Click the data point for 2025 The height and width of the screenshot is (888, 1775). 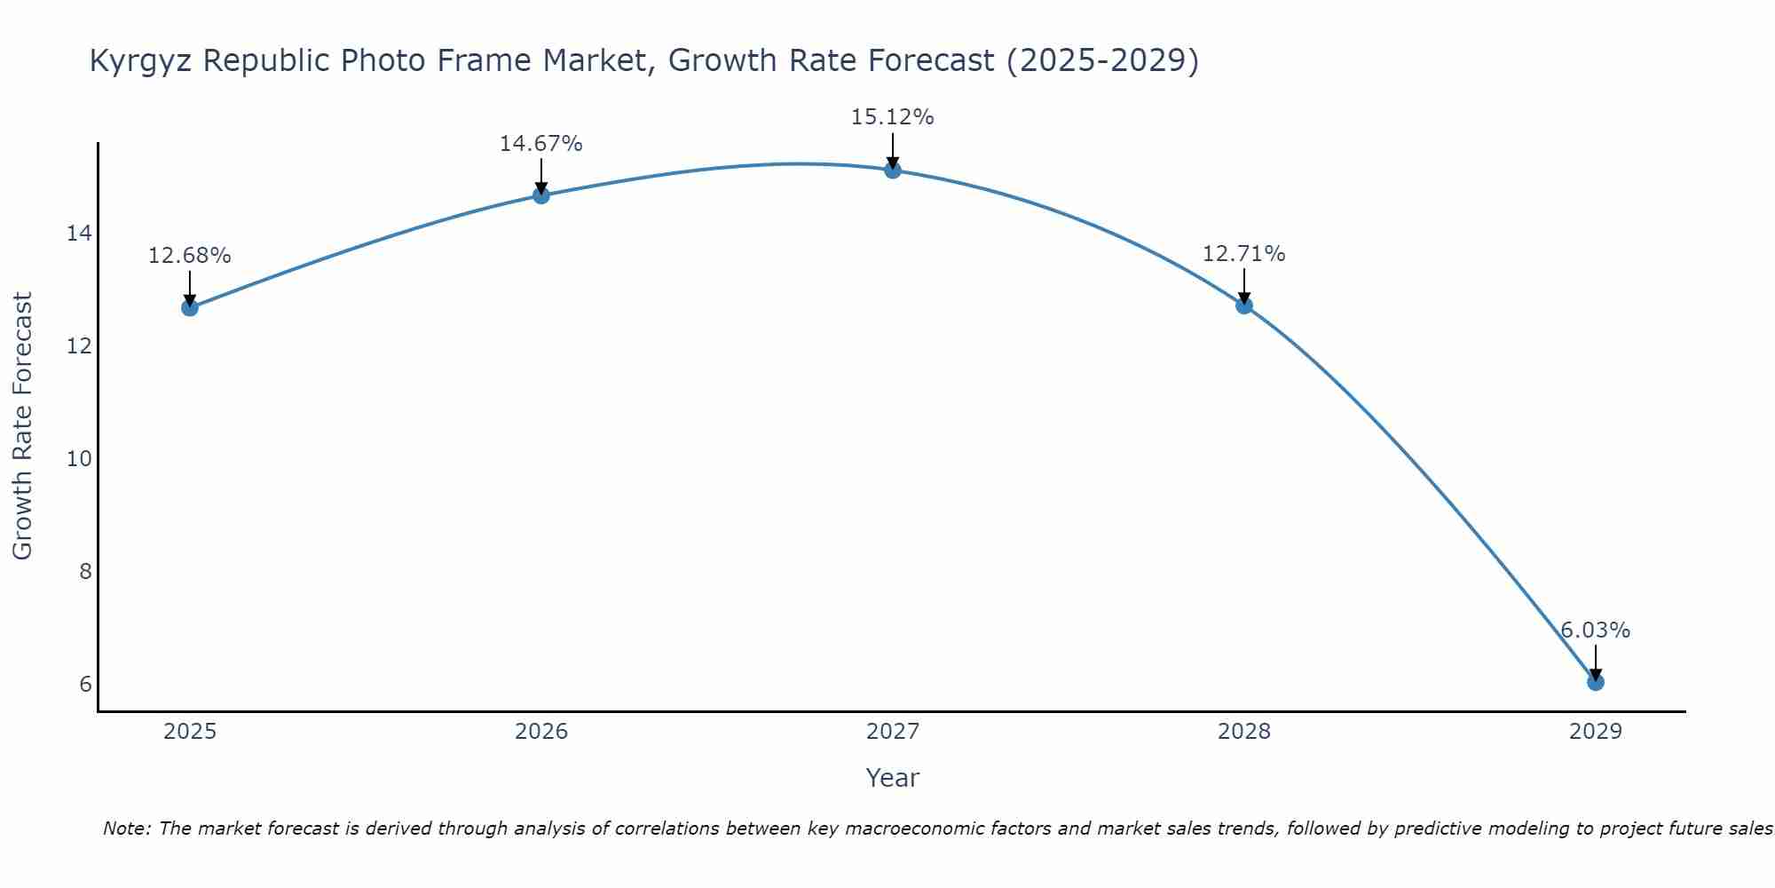tap(190, 307)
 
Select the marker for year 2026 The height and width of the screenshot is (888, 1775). tap(541, 195)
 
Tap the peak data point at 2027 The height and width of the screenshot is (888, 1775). tap(893, 170)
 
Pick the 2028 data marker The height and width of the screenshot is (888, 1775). tap(1244, 305)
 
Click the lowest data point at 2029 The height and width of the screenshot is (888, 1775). tap(1595, 682)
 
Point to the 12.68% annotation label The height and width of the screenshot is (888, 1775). tap(189, 256)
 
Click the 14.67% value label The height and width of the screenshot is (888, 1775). tap(540, 144)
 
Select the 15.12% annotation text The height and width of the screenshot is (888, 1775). tap(892, 117)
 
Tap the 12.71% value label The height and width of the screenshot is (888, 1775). tap(1243, 254)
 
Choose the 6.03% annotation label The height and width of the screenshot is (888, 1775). tap(1595, 630)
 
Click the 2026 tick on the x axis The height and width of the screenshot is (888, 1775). tap(541, 732)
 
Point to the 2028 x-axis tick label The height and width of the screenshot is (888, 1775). tap(1244, 732)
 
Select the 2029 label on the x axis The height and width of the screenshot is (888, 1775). tap(1595, 732)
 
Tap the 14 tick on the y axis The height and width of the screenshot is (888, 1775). tap(79, 234)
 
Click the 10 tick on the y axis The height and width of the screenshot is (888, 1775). tap(79, 459)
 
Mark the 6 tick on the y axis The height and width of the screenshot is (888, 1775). tap(85, 684)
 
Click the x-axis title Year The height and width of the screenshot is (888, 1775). tap(892, 778)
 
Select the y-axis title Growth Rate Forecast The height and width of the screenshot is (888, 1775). tap(23, 426)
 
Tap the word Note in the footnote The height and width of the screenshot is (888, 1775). tap(126, 829)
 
